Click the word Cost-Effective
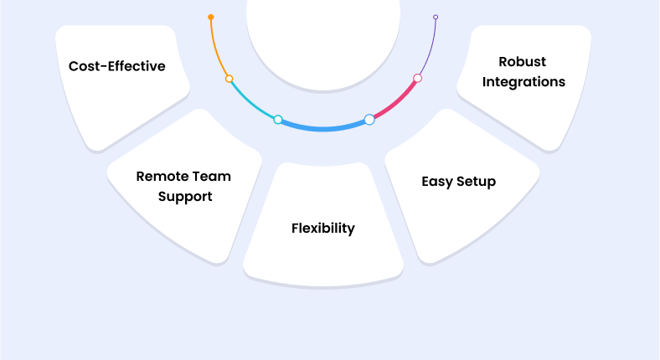(x=116, y=66)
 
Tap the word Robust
(x=523, y=61)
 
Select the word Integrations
(x=523, y=82)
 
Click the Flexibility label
(x=323, y=228)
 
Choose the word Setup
(x=477, y=181)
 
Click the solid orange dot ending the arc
(x=211, y=17)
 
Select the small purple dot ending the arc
(x=436, y=17)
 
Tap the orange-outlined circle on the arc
(x=229, y=79)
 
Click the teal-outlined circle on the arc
(x=278, y=120)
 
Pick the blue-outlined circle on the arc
(x=369, y=120)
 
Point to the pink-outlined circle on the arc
(x=417, y=79)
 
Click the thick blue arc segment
(x=323, y=129)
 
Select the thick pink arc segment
(x=395, y=102)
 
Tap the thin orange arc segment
(x=216, y=49)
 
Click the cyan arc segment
(x=251, y=101)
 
